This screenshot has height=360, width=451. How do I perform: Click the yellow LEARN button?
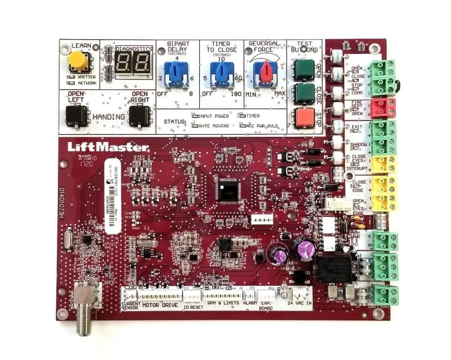click(x=78, y=61)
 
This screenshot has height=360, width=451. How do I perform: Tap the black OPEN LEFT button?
click(x=75, y=116)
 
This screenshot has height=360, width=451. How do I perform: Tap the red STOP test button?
click(x=304, y=118)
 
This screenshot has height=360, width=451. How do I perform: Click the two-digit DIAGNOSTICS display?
click(x=134, y=63)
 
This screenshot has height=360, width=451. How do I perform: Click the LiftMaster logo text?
click(x=108, y=146)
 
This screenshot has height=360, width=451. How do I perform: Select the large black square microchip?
click(x=227, y=190)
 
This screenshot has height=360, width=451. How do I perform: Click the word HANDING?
click(x=109, y=117)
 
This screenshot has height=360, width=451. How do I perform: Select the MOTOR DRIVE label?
click(x=158, y=305)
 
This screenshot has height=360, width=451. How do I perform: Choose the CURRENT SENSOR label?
click(x=131, y=307)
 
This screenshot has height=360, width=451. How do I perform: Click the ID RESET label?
click(x=193, y=307)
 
